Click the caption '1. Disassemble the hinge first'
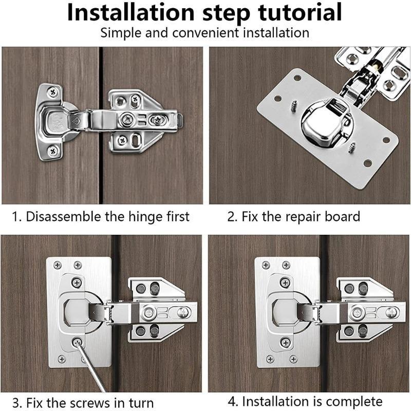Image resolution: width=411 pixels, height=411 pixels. [101, 216]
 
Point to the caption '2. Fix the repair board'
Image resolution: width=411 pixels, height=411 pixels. [293, 216]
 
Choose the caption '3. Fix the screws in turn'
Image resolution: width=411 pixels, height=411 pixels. [83, 401]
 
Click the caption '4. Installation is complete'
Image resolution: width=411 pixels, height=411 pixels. [305, 401]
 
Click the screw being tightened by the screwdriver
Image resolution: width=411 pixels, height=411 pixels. [77, 342]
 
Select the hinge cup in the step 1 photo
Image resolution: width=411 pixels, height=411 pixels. [54, 121]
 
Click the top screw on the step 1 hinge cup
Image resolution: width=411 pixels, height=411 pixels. [52, 92]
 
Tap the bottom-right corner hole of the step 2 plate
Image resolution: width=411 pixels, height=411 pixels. [367, 163]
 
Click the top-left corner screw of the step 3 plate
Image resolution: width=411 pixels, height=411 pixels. [57, 265]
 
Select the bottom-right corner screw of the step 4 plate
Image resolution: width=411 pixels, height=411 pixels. [293, 359]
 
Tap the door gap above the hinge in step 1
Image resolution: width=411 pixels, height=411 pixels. [101, 67]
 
